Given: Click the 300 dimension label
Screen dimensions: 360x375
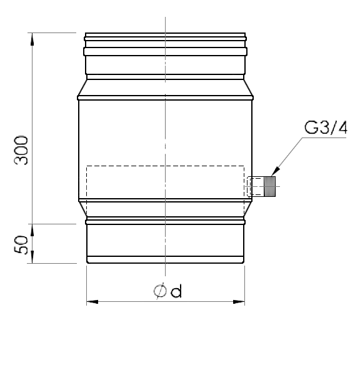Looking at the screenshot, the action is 21,150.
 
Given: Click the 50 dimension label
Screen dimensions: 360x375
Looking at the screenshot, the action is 21,244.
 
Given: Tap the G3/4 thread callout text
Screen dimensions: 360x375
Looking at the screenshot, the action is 326,127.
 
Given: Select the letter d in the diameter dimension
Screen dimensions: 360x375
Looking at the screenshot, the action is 176,291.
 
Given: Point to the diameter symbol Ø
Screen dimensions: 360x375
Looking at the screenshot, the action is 160,291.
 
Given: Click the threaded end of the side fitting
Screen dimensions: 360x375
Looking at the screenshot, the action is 269,186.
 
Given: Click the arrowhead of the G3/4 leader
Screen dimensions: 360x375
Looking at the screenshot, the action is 276,172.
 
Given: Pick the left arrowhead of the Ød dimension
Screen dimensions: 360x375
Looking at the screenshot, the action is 92,302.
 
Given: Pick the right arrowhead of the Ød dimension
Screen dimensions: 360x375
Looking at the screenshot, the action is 239,302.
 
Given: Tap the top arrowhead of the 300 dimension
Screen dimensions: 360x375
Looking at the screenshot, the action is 32,39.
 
